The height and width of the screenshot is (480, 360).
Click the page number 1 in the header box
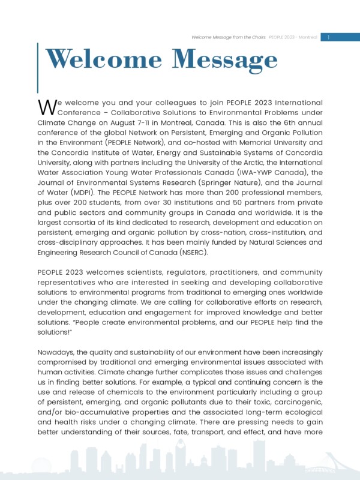[329, 37]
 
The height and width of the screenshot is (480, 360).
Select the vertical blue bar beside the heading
[38, 67]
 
